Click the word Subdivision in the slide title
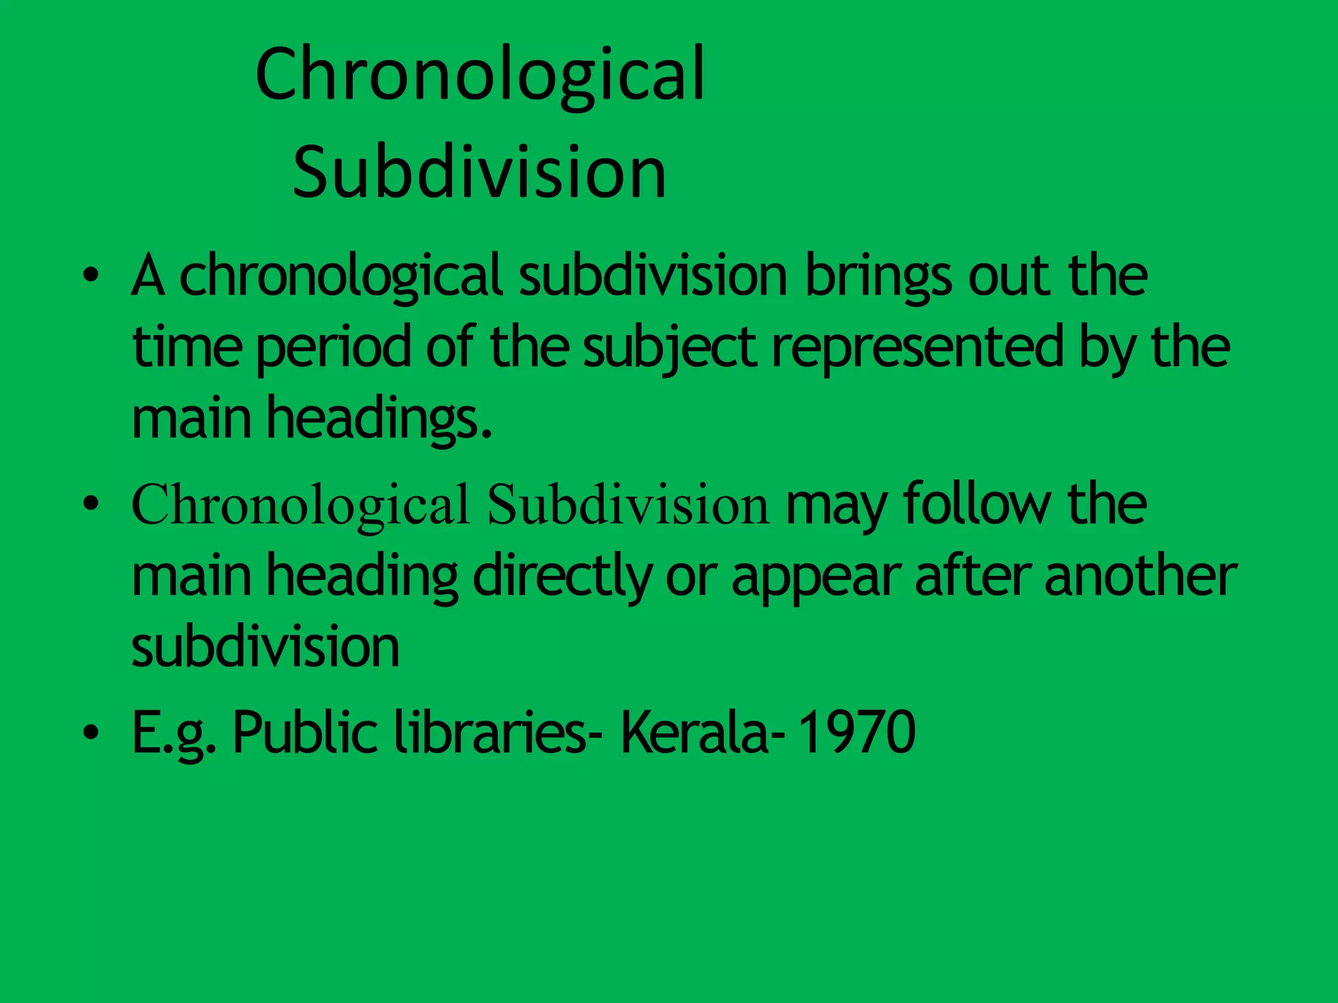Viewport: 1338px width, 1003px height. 479,172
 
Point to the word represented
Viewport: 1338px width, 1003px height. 918,348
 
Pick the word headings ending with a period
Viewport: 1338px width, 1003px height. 379,419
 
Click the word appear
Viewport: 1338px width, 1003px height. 816,578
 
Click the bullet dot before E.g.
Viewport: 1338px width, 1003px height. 91,732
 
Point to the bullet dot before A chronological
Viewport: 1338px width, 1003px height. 91,276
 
